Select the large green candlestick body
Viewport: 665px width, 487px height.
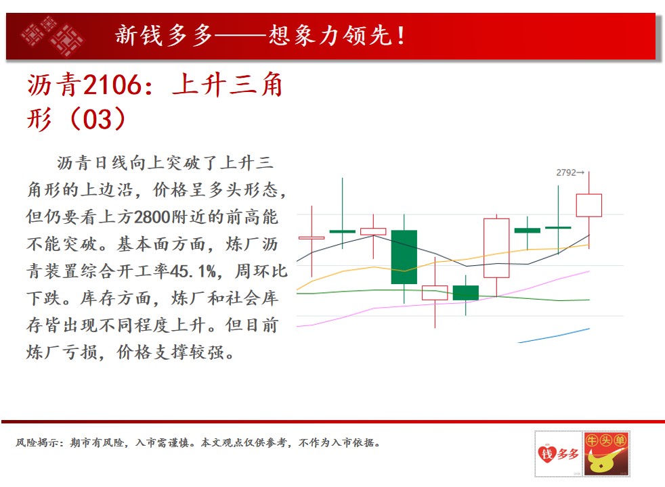[x=404, y=257]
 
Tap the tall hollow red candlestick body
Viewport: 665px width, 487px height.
[x=496, y=248]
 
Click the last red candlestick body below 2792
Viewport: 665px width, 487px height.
[x=588, y=206]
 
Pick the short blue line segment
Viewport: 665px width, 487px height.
[x=553, y=335]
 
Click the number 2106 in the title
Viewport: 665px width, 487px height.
[x=112, y=85]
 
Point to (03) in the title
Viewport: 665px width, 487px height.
[x=97, y=119]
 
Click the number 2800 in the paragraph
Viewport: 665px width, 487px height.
[x=152, y=217]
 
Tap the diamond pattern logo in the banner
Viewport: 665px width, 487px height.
[x=52, y=37]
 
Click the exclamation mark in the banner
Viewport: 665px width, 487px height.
[x=400, y=36]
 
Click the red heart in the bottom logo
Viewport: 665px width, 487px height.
[x=547, y=454]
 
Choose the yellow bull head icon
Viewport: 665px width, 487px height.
[x=603, y=461]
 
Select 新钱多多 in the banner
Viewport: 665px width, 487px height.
[x=163, y=36]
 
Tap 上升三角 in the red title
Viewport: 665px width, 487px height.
[x=228, y=85]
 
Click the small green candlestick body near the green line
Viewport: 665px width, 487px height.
[x=466, y=293]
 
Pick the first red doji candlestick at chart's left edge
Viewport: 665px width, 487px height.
[x=312, y=238]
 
